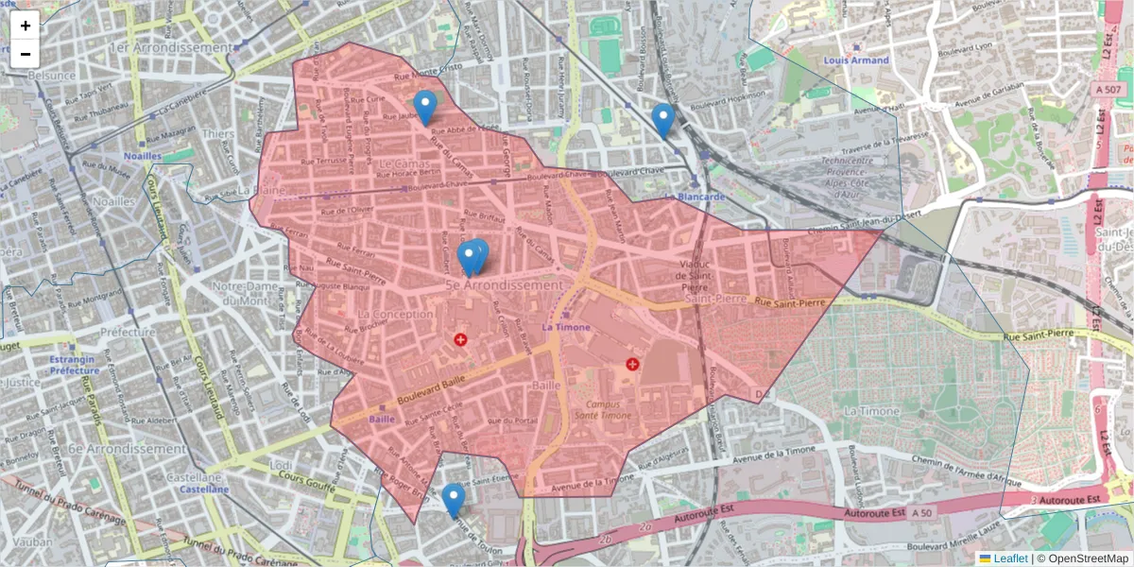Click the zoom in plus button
pos(26,26)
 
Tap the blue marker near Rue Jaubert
pos(425,107)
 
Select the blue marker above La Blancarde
pos(663,119)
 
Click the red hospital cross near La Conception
pos(460,339)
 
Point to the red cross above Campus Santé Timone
pos(632,364)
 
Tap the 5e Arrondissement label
pos(504,284)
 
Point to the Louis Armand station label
pos(856,60)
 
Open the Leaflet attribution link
pos(1010,558)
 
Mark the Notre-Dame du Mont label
pos(249,292)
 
